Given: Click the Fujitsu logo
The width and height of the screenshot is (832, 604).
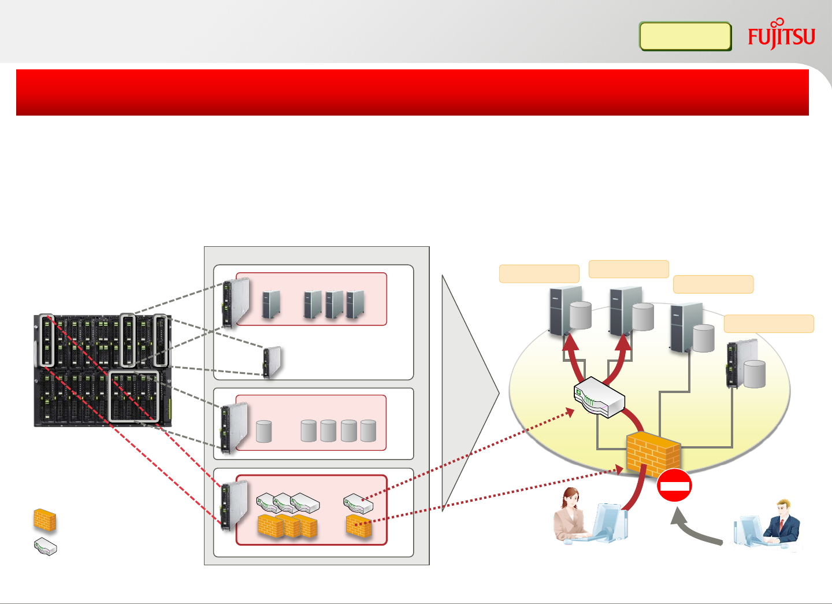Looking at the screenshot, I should pos(781,36).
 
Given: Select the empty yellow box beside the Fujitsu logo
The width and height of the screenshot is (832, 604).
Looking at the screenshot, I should pos(685,36).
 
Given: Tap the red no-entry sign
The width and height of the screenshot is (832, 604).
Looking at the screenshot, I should pos(674,486).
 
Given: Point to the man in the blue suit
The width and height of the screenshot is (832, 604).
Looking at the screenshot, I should pos(783,523).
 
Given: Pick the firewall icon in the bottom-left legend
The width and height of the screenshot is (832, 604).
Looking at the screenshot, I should pos(44,520).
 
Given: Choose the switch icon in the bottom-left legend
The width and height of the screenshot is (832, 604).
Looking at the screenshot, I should pos(45,546).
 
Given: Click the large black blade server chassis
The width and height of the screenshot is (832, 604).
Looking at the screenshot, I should pos(102,370).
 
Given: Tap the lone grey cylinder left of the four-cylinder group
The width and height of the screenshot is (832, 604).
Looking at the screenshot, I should pos(263,431).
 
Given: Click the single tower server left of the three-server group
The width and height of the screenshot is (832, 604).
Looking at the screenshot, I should pos(271,304).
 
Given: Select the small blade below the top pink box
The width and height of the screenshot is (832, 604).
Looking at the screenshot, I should pos(272,362).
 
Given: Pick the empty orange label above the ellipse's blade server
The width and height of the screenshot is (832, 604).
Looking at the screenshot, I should pos(768,324).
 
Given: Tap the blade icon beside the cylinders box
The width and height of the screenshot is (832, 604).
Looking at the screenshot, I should pos(234,428).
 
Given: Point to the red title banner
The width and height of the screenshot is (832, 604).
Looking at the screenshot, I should pos(412,92).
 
